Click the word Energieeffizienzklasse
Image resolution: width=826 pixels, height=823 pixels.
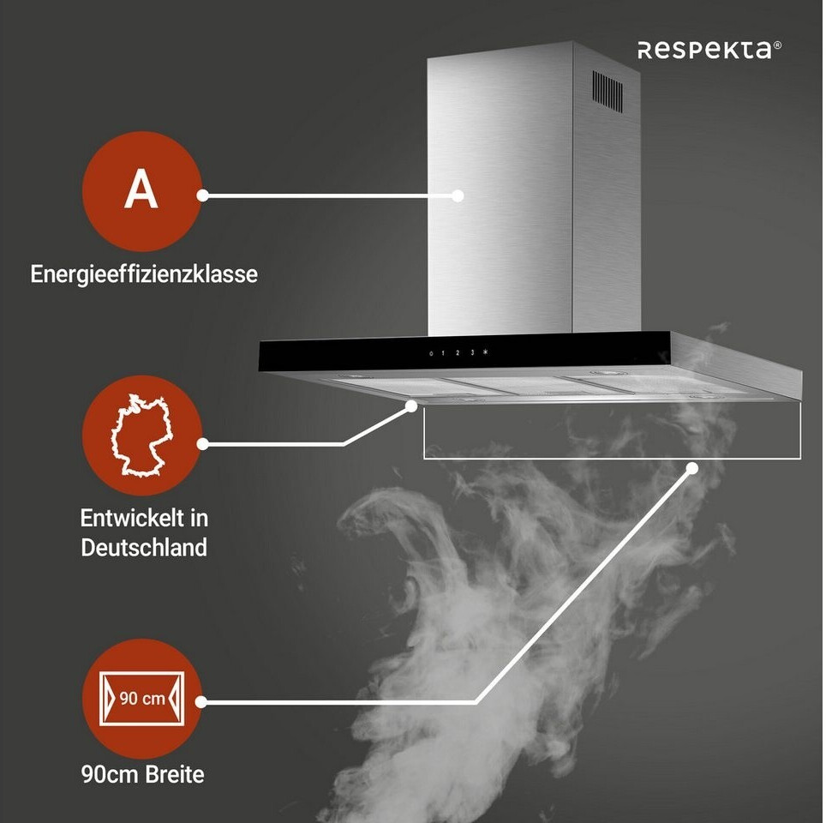144,274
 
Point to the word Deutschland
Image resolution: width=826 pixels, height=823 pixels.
144,548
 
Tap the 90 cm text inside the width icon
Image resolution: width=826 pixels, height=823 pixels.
141,699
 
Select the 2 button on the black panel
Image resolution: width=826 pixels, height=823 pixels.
458,352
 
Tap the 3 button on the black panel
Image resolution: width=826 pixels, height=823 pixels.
471,352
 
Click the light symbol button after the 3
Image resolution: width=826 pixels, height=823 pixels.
485,352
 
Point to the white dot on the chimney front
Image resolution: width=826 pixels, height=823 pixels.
458,195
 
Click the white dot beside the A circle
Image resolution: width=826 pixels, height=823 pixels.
202,195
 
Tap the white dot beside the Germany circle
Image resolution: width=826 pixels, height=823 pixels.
202,444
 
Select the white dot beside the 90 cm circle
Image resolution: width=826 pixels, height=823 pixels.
202,701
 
